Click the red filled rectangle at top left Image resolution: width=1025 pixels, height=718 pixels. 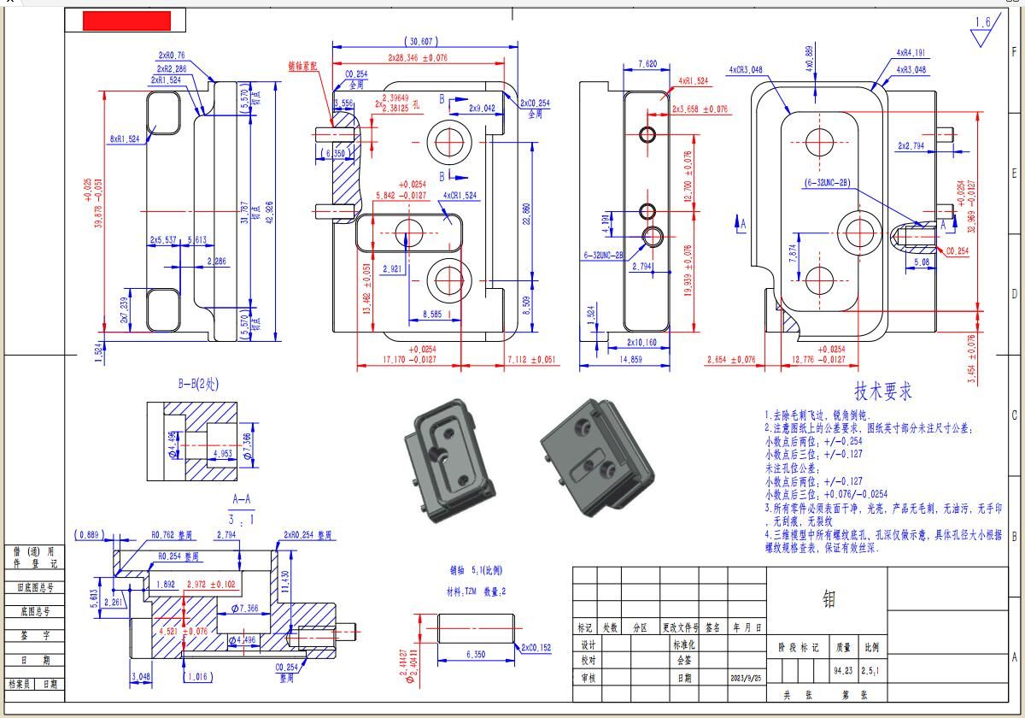126,21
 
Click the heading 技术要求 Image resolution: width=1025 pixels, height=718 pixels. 883,391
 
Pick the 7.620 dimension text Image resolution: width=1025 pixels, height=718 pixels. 647,64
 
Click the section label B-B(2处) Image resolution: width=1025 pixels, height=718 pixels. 198,384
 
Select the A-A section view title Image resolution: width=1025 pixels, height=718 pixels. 242,498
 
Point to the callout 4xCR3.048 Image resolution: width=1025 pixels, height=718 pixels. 746,70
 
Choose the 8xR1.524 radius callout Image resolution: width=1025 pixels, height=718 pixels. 124,138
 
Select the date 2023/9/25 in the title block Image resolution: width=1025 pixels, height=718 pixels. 746,678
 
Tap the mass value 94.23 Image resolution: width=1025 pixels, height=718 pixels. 843,671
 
